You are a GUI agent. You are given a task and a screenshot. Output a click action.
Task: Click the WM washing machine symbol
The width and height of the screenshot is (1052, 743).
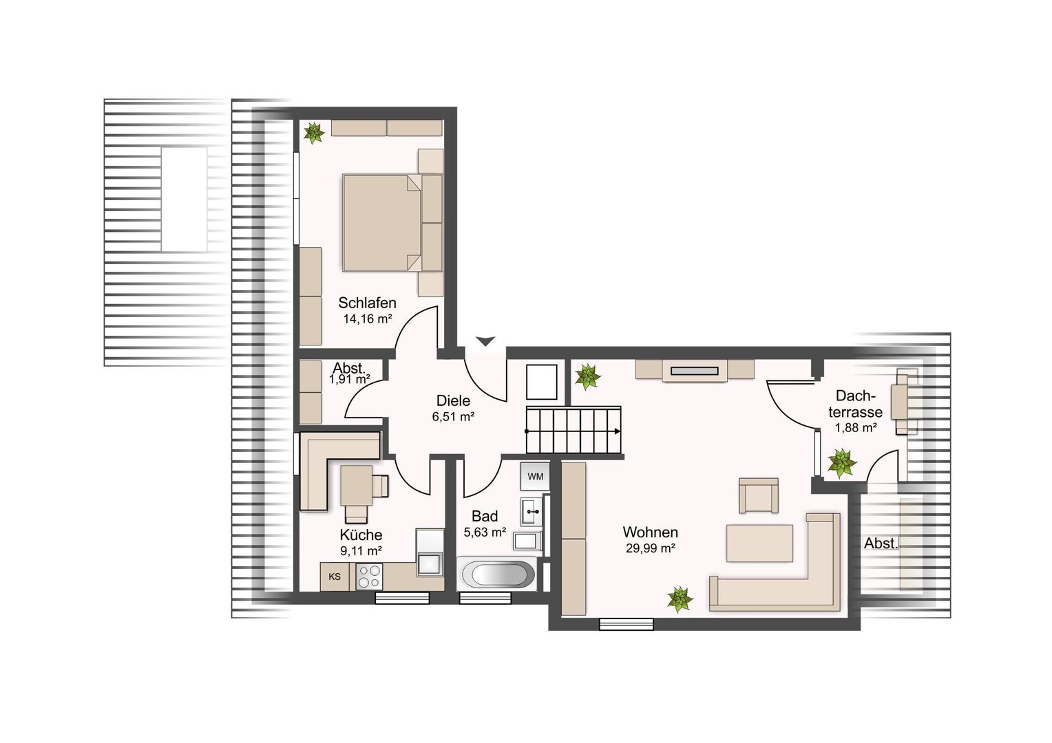pyautogui.click(x=535, y=476)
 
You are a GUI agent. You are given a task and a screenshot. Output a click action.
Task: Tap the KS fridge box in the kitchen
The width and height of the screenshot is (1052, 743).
pyautogui.click(x=335, y=577)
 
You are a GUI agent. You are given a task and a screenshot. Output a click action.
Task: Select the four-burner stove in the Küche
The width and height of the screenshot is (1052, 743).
pyautogui.click(x=368, y=577)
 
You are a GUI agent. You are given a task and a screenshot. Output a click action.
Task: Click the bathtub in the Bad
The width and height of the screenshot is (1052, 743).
pyautogui.click(x=496, y=574)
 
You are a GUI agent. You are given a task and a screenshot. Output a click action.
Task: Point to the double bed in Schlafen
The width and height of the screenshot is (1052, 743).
pyautogui.click(x=382, y=223)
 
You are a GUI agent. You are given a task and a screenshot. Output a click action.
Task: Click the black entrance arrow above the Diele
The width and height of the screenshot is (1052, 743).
pyautogui.click(x=485, y=341)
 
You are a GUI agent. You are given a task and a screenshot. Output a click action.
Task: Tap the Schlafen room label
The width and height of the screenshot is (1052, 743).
pyautogui.click(x=367, y=303)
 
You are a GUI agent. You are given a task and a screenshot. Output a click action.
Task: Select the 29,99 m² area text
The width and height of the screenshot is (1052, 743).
pyautogui.click(x=651, y=548)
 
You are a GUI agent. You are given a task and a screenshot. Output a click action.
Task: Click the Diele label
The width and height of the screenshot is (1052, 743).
pyautogui.click(x=453, y=400)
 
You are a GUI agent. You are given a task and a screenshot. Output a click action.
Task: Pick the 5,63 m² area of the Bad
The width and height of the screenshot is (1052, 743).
pyautogui.click(x=485, y=532)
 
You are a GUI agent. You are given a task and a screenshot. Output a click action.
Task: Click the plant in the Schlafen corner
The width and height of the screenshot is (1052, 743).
pyautogui.click(x=314, y=133)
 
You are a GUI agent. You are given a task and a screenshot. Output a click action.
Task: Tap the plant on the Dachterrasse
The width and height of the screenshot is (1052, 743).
pyautogui.click(x=841, y=462)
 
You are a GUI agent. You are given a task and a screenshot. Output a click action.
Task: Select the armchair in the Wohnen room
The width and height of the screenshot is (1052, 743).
pyautogui.click(x=759, y=495)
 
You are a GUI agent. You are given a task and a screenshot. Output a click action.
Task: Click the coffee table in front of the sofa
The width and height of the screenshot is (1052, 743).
pyautogui.click(x=759, y=543)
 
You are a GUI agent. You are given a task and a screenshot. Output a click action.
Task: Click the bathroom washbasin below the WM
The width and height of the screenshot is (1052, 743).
pyautogui.click(x=532, y=511)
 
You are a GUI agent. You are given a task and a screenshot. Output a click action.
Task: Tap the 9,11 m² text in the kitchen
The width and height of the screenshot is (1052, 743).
pyautogui.click(x=361, y=550)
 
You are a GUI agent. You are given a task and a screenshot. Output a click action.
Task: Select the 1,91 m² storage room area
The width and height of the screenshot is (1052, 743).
pyautogui.click(x=350, y=379)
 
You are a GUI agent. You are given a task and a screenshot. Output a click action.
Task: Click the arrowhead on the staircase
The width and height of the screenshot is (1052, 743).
pyautogui.click(x=617, y=431)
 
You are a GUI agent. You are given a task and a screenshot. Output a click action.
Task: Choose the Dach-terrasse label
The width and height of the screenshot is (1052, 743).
pyautogui.click(x=855, y=404)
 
